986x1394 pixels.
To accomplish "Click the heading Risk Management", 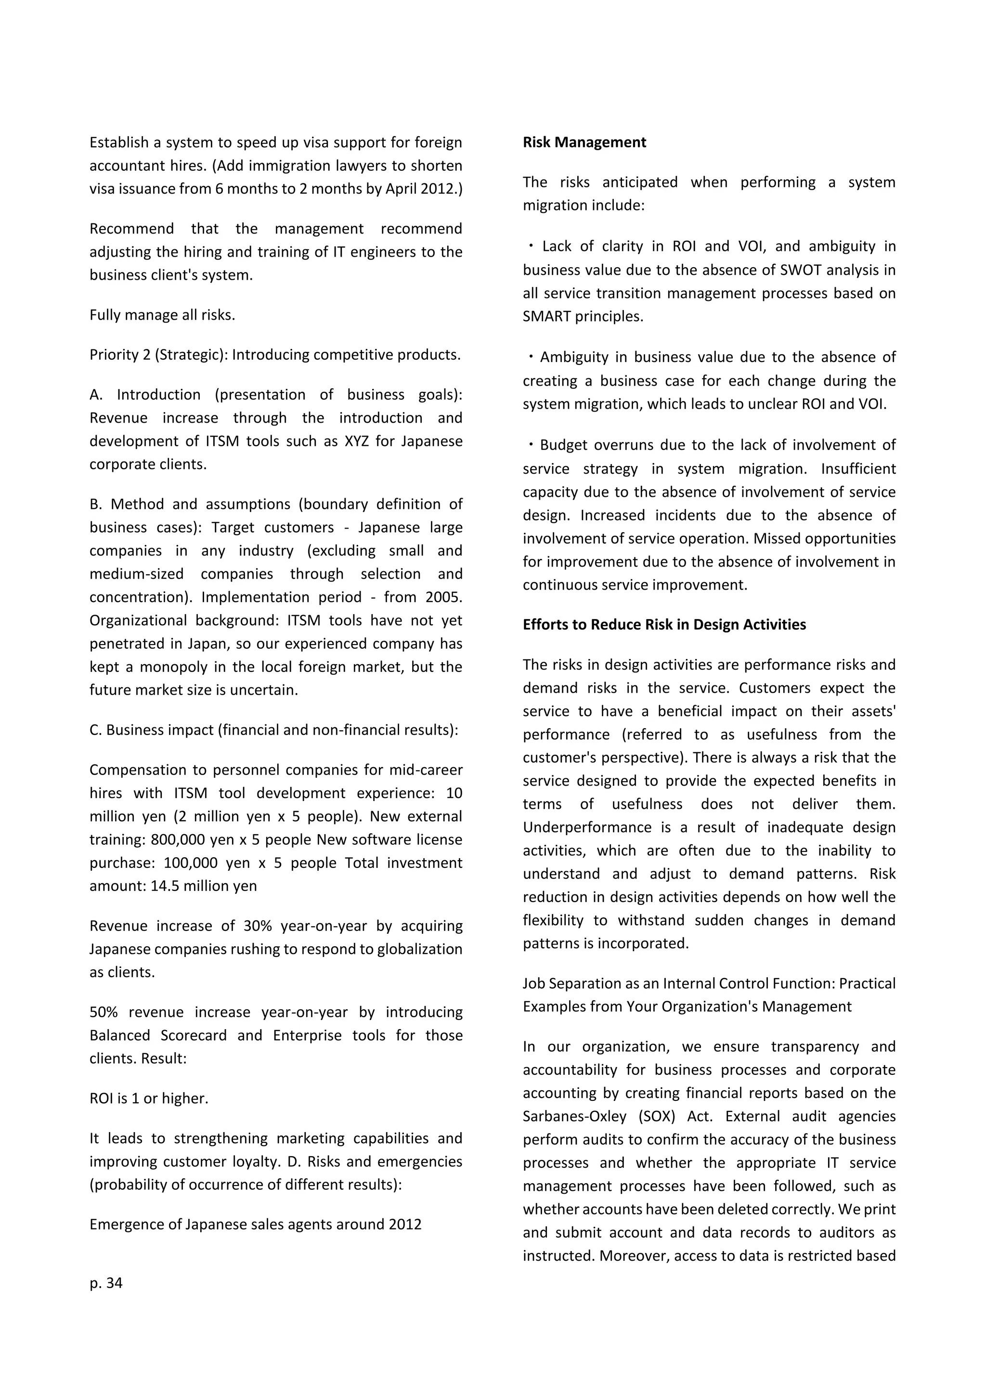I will click(584, 142).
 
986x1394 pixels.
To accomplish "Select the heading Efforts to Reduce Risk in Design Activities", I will click(664, 625).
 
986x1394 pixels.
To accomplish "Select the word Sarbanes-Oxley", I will click(573, 1117).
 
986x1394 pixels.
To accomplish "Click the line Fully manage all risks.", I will click(162, 315).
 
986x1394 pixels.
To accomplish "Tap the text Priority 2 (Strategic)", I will click(158, 355).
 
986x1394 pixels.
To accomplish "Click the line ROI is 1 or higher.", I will click(149, 1098).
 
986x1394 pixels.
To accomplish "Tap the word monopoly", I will click(176, 667).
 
